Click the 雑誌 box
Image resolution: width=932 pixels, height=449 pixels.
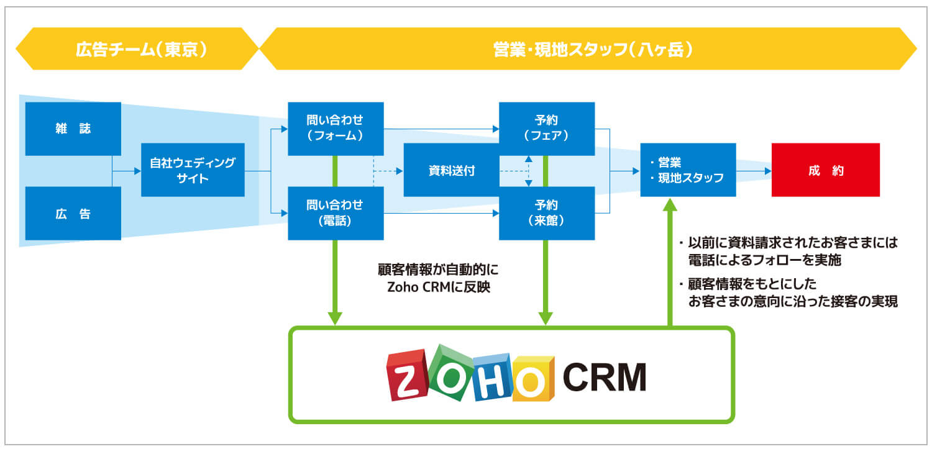pos(73,129)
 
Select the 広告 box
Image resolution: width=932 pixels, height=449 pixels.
pos(73,214)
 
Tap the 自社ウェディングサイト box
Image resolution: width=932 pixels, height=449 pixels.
pos(193,170)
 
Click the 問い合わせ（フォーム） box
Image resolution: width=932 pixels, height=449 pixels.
pos(336,129)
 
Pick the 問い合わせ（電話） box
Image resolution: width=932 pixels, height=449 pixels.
pos(336,213)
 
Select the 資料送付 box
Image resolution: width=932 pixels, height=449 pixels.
pos(451,170)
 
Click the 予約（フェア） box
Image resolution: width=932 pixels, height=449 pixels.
pos(547,129)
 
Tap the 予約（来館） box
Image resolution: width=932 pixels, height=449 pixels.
pos(547,213)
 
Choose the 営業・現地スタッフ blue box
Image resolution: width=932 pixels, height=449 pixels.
pos(688,170)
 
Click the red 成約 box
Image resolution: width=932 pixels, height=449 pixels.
pos(825,170)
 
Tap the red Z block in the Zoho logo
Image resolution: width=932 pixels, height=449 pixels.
pos(408,376)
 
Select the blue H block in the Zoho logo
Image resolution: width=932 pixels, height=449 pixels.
pos(491,378)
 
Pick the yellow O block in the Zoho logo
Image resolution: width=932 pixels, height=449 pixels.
pos(532,379)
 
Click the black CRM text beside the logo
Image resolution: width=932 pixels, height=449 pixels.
pos(604,377)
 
